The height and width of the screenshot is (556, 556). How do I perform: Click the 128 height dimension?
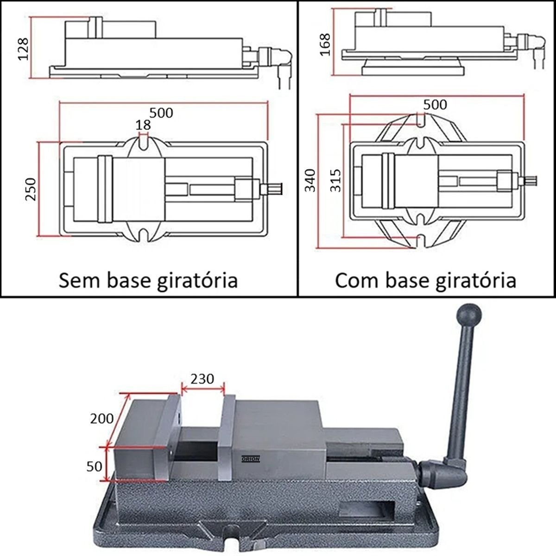(23, 48)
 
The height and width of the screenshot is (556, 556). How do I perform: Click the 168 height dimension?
(326, 44)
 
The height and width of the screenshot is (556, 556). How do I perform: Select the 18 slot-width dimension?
(143, 124)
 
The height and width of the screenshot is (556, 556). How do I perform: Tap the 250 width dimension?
(31, 189)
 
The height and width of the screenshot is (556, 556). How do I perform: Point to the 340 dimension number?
(310, 180)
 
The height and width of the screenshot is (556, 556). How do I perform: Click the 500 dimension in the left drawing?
(161, 112)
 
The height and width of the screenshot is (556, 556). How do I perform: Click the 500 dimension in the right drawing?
(436, 104)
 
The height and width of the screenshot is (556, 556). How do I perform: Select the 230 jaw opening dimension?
(203, 379)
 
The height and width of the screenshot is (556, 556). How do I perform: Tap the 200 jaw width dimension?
(102, 418)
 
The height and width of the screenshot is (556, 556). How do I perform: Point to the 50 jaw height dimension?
(95, 466)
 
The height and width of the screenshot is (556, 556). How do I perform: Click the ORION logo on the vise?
(251, 459)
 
